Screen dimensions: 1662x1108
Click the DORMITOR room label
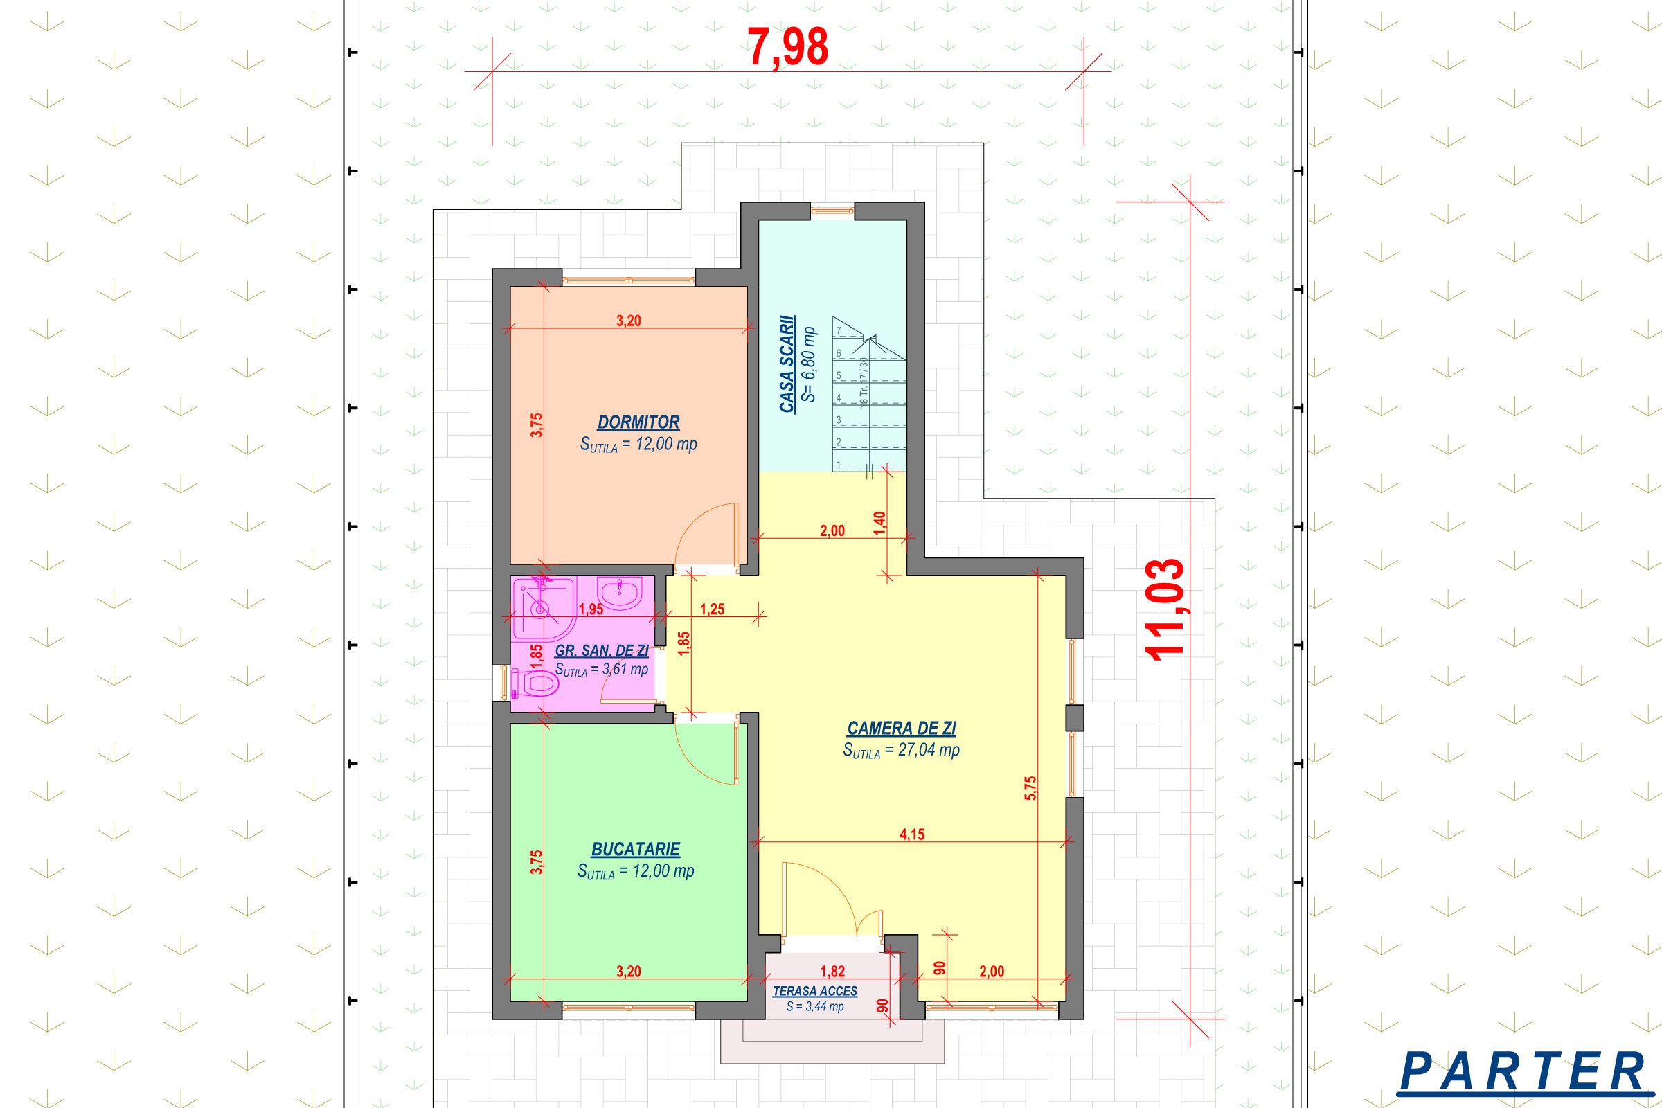coord(638,422)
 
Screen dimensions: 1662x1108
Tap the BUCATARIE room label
coord(636,850)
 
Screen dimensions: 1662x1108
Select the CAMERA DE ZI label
coord(902,728)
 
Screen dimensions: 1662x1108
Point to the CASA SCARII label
coord(787,365)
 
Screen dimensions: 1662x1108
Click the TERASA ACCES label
coord(815,992)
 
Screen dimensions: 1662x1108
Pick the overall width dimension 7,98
coord(788,48)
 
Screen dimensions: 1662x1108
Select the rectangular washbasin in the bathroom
coord(620,593)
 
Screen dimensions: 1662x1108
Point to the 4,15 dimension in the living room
coord(911,834)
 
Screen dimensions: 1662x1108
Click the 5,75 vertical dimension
coord(1030,788)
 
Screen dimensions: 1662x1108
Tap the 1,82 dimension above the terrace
coord(833,972)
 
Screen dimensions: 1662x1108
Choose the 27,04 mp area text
coord(901,751)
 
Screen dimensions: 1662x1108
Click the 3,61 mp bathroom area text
coord(601,669)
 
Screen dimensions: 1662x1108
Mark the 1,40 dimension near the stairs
coord(879,524)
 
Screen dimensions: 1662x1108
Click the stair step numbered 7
coord(839,331)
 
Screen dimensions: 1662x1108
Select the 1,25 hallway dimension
coord(713,609)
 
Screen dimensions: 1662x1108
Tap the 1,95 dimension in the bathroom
coord(591,609)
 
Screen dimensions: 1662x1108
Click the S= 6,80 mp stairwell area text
coord(810,365)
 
